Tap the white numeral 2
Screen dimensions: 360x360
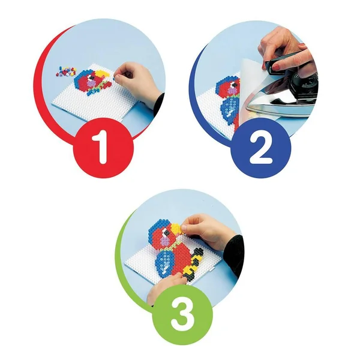pyautogui.click(x=260, y=147)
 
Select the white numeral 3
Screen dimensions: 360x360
pyautogui.click(x=183, y=314)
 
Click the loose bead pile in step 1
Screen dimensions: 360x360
pyautogui.click(x=65, y=71)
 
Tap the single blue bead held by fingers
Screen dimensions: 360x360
pyautogui.click(x=113, y=79)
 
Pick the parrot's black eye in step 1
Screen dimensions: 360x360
pyautogui.click(x=92, y=78)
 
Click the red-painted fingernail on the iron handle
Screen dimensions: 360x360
pyautogui.click(x=277, y=67)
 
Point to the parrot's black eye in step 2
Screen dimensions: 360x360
pyautogui.click(x=235, y=85)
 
